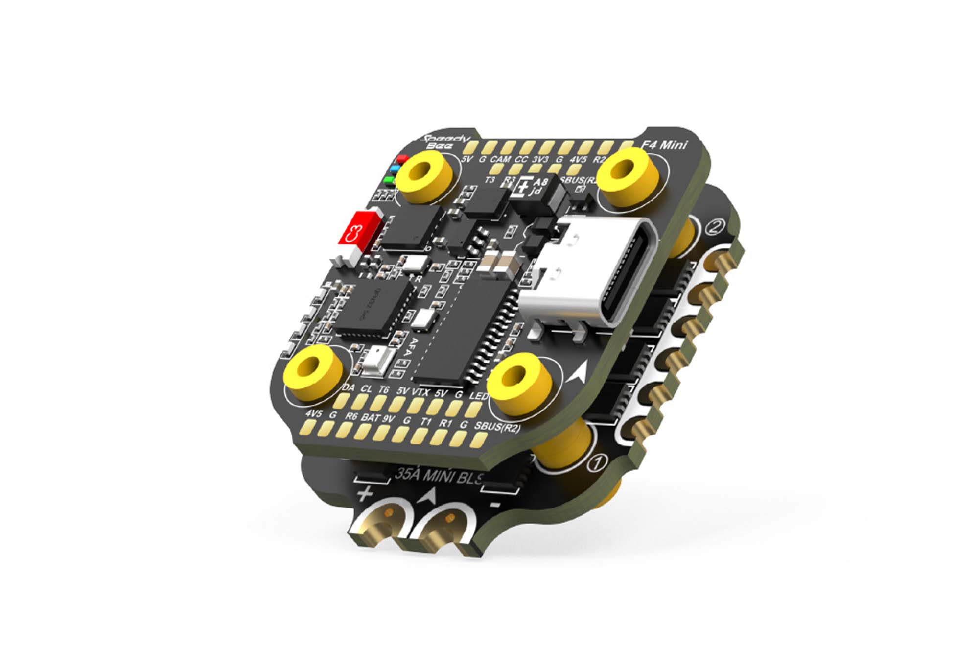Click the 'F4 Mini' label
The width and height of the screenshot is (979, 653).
pyautogui.click(x=664, y=145)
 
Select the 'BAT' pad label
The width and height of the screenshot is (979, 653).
pyautogui.click(x=371, y=417)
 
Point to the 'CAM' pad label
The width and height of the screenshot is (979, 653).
pyautogui.click(x=500, y=159)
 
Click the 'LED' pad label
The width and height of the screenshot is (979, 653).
pyautogui.click(x=479, y=395)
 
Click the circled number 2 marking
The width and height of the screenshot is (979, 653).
pyautogui.click(x=715, y=227)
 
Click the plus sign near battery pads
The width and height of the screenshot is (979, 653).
pyautogui.click(x=364, y=494)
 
